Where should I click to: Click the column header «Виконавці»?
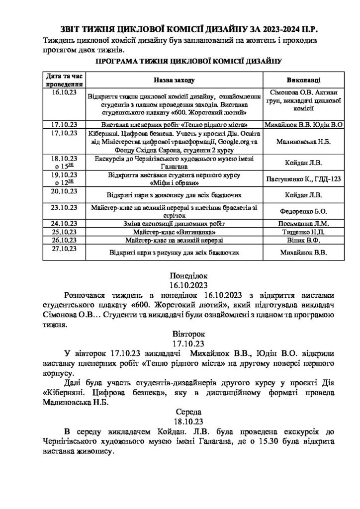(304, 80)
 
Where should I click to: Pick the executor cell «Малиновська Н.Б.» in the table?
(304, 142)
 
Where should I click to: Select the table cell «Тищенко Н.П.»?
(304, 232)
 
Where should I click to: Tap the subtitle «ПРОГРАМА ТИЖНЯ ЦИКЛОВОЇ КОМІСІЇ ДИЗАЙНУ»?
(180, 62)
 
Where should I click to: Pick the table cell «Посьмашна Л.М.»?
(304, 224)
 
